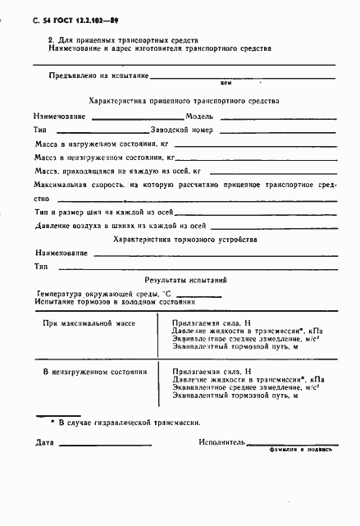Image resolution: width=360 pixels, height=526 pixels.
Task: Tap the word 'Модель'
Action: (x=199, y=116)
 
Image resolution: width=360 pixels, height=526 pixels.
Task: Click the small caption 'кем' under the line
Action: (x=227, y=83)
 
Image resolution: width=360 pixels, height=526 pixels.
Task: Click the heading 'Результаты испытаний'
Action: (x=185, y=280)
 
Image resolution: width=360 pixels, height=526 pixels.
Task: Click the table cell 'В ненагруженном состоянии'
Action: (x=94, y=372)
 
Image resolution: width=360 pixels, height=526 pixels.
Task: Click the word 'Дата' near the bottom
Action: (x=45, y=443)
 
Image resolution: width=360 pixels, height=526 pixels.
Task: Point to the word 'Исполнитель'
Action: (x=222, y=443)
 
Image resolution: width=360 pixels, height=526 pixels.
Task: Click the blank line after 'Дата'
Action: (x=107, y=446)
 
